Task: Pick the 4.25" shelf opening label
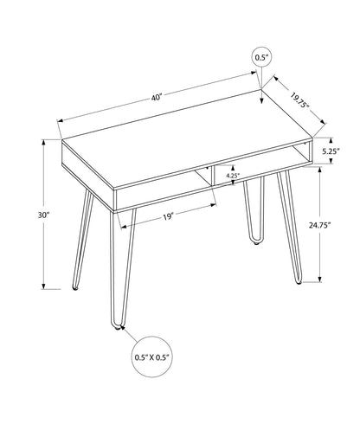click(231, 176)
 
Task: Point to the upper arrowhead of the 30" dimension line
click(42, 144)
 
